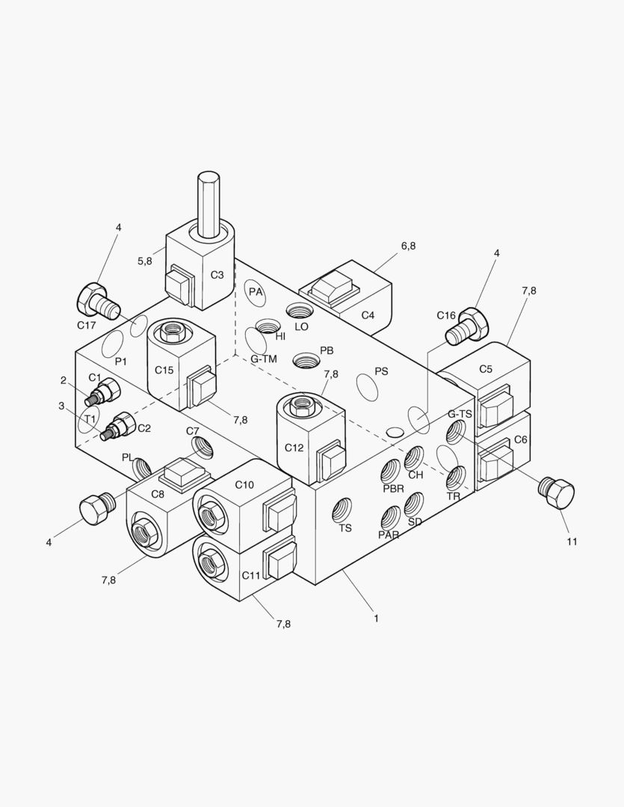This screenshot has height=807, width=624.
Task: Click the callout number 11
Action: pyautogui.click(x=571, y=542)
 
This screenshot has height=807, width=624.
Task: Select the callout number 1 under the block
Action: pyautogui.click(x=376, y=618)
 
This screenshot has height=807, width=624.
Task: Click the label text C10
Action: pyautogui.click(x=244, y=484)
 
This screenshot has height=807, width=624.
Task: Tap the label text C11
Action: pyautogui.click(x=251, y=575)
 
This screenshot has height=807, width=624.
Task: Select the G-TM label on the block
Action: pyautogui.click(x=264, y=359)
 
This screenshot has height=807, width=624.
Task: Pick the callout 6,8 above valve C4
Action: pyautogui.click(x=408, y=246)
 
